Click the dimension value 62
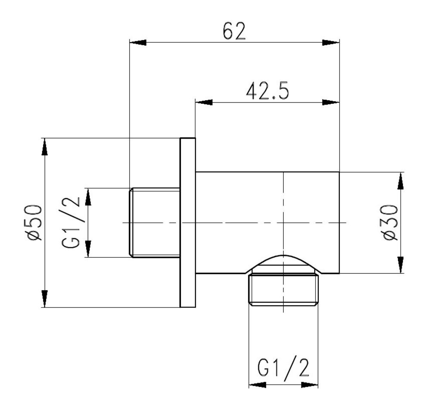(x=234, y=31)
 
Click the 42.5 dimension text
(x=267, y=91)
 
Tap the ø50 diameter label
(x=34, y=223)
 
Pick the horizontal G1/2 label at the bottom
(x=283, y=366)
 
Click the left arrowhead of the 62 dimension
(x=138, y=43)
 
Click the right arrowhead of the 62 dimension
(x=331, y=43)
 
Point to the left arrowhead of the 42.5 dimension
(x=204, y=102)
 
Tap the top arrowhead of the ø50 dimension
(x=45, y=147)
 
